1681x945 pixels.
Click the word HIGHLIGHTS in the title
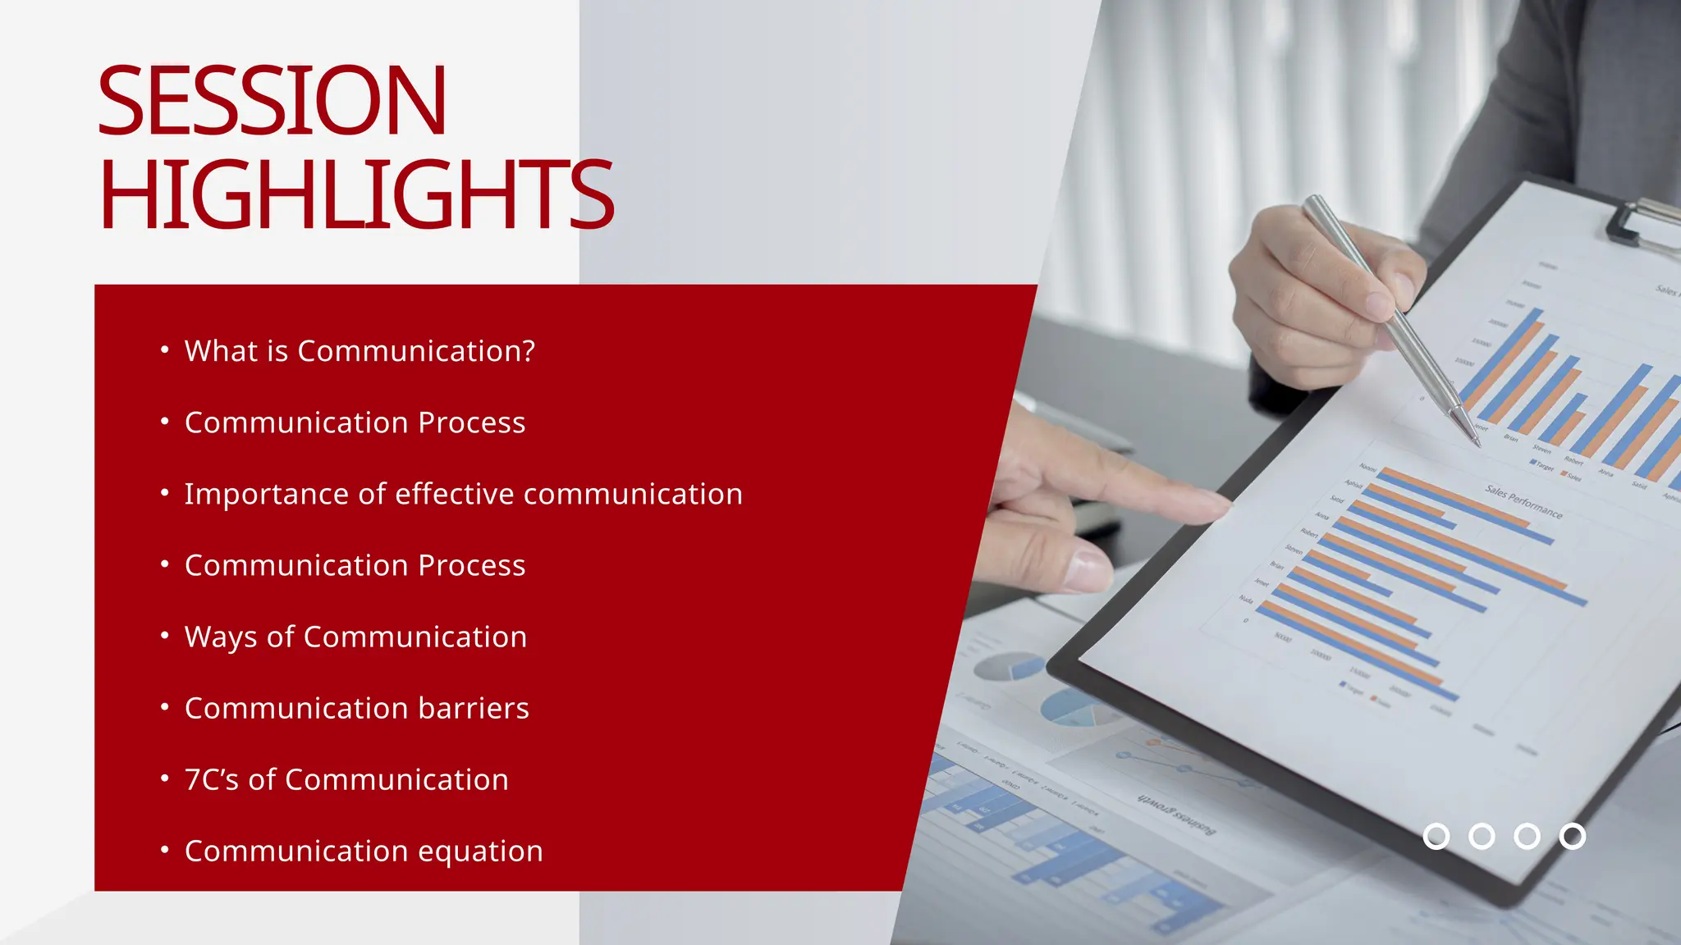[x=356, y=195]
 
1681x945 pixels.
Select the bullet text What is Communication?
[x=360, y=351]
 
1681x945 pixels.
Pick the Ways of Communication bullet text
[x=355, y=637]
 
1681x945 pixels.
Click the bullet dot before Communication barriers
[x=165, y=706]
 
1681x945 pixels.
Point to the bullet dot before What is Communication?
[x=165, y=349]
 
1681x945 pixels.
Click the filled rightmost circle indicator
[x=1572, y=836]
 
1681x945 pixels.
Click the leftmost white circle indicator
[x=1436, y=836]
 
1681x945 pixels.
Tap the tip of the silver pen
[x=1477, y=443]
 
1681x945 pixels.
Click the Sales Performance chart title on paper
[x=1523, y=501]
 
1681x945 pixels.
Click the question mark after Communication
[x=527, y=351]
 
